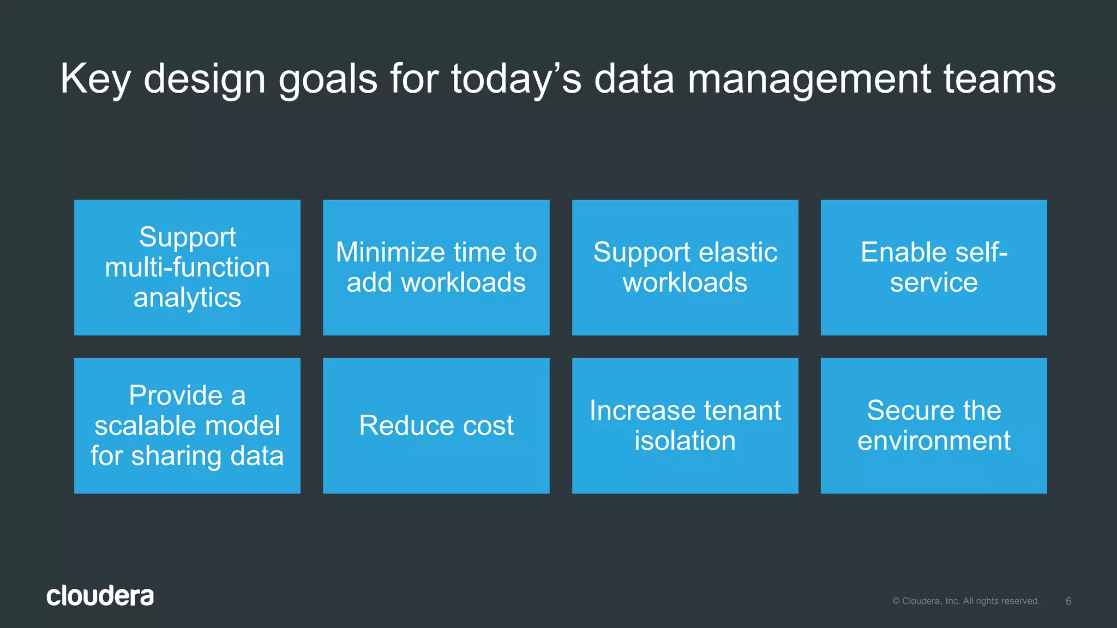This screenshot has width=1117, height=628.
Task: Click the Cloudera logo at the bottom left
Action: coord(100,596)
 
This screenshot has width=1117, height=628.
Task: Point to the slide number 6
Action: coord(1068,601)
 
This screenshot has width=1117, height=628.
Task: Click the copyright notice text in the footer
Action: coord(965,601)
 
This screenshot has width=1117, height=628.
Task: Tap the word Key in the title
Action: coord(95,79)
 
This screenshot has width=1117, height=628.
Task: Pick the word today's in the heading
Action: coord(516,79)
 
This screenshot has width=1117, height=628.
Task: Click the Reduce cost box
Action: coord(436,426)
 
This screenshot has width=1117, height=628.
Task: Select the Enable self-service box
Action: coord(933,267)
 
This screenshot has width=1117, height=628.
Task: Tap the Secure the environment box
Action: coord(933,426)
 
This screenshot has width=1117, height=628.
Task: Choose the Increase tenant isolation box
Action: coord(684,426)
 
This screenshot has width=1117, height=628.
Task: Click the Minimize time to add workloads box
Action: coord(436,267)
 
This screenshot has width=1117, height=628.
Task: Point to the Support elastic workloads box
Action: coord(684,267)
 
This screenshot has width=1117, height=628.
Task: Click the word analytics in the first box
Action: coord(187,298)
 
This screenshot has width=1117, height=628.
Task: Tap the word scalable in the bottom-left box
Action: coord(141,426)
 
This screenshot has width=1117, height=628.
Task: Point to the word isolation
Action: coord(684,440)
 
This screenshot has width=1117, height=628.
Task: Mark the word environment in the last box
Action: coord(933,440)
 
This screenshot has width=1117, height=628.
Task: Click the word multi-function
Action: coord(187,268)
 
